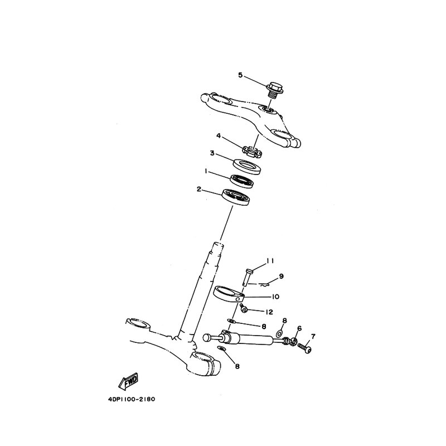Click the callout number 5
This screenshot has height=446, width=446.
(x=241, y=75)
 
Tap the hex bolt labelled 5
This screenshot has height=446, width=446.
(x=275, y=90)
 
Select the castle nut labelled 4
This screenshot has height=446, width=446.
(x=252, y=151)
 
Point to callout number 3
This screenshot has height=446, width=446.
(x=212, y=153)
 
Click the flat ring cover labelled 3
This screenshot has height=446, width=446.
(x=247, y=168)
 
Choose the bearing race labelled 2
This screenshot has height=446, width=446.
(x=236, y=197)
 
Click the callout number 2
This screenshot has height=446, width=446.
(x=199, y=189)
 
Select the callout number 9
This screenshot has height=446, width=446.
(x=282, y=276)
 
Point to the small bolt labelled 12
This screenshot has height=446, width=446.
(x=244, y=309)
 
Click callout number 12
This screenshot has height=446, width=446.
(x=269, y=312)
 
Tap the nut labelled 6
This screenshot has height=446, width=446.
(x=294, y=341)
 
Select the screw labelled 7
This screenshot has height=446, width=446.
(x=304, y=348)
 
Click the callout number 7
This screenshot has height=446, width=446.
(x=313, y=337)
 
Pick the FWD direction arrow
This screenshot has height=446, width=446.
(x=129, y=381)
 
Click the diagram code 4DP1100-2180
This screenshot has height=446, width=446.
(x=132, y=399)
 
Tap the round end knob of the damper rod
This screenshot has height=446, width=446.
(x=207, y=338)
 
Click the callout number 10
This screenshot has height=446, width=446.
(x=275, y=297)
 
